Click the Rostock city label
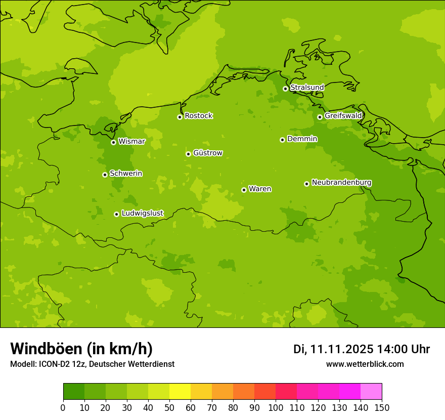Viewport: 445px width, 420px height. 198,116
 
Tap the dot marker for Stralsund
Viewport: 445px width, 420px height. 285,89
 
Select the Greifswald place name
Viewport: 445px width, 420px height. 343,116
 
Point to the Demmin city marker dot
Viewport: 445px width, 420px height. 282,140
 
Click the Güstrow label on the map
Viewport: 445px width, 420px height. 207,153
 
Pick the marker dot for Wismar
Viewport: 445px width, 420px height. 113,142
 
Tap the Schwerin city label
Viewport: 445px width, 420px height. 126,174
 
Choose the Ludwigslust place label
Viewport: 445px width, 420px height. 142,214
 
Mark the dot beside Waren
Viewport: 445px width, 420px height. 244,190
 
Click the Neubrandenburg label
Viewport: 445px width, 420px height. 341,183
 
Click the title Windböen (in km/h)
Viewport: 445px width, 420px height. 81,349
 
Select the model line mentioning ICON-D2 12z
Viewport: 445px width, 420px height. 92,364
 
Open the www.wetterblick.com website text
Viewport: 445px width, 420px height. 365,364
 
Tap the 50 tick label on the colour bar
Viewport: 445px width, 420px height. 169,408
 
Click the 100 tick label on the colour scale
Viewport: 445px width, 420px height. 276,408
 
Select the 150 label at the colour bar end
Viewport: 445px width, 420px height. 382,408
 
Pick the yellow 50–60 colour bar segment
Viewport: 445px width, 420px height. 180,392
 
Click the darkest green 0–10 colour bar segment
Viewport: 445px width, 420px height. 74,392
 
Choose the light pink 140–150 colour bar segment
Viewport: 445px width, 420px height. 371,392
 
